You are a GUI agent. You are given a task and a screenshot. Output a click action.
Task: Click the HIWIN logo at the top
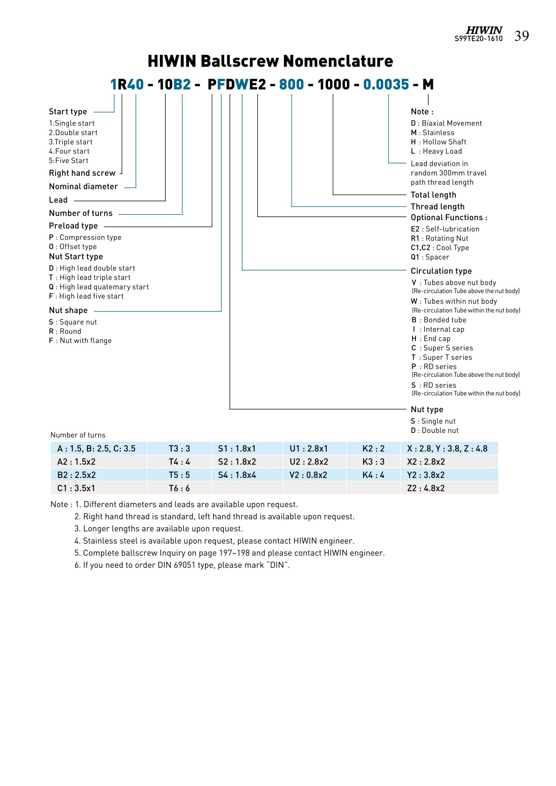pos(484,30)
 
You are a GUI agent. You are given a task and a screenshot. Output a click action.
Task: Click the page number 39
pos(521,36)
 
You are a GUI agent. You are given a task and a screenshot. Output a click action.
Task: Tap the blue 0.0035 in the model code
pos(386,85)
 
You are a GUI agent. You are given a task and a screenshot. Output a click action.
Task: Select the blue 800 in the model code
pos(291,85)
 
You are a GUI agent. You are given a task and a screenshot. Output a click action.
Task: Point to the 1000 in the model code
pos(333,85)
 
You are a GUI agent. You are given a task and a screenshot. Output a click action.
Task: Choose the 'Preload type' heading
pos(73,226)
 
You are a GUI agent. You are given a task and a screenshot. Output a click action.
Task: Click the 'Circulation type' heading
pos(441,271)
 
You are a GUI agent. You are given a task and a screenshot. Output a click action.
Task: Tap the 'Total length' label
pos(433,195)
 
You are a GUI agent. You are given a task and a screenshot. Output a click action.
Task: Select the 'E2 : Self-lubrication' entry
pos(445,229)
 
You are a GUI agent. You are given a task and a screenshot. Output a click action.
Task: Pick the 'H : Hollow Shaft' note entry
pos(439,142)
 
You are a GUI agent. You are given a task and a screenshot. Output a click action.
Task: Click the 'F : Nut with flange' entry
pos(80,341)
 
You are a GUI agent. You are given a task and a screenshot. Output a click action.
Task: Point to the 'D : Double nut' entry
pos(434,431)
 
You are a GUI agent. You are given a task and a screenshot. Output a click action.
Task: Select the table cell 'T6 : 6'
pos(179,489)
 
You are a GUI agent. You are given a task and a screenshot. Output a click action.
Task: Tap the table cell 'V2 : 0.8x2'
pos(308,475)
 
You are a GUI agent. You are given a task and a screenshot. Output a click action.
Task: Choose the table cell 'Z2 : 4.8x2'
pos(426,489)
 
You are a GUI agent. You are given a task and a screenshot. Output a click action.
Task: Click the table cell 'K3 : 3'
pos(373,462)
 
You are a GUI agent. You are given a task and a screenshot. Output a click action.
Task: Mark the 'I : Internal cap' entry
pos(438,329)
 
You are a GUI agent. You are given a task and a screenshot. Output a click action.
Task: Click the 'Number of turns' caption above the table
pos(78,435)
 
